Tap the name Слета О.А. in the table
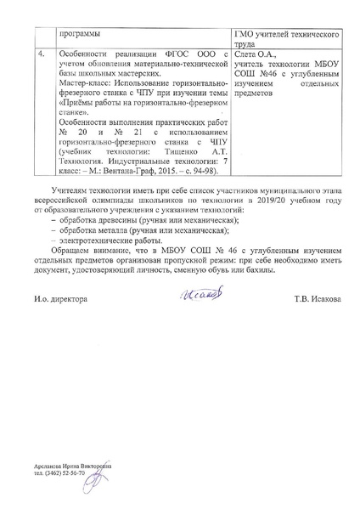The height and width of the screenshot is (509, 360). (x=254, y=53)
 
